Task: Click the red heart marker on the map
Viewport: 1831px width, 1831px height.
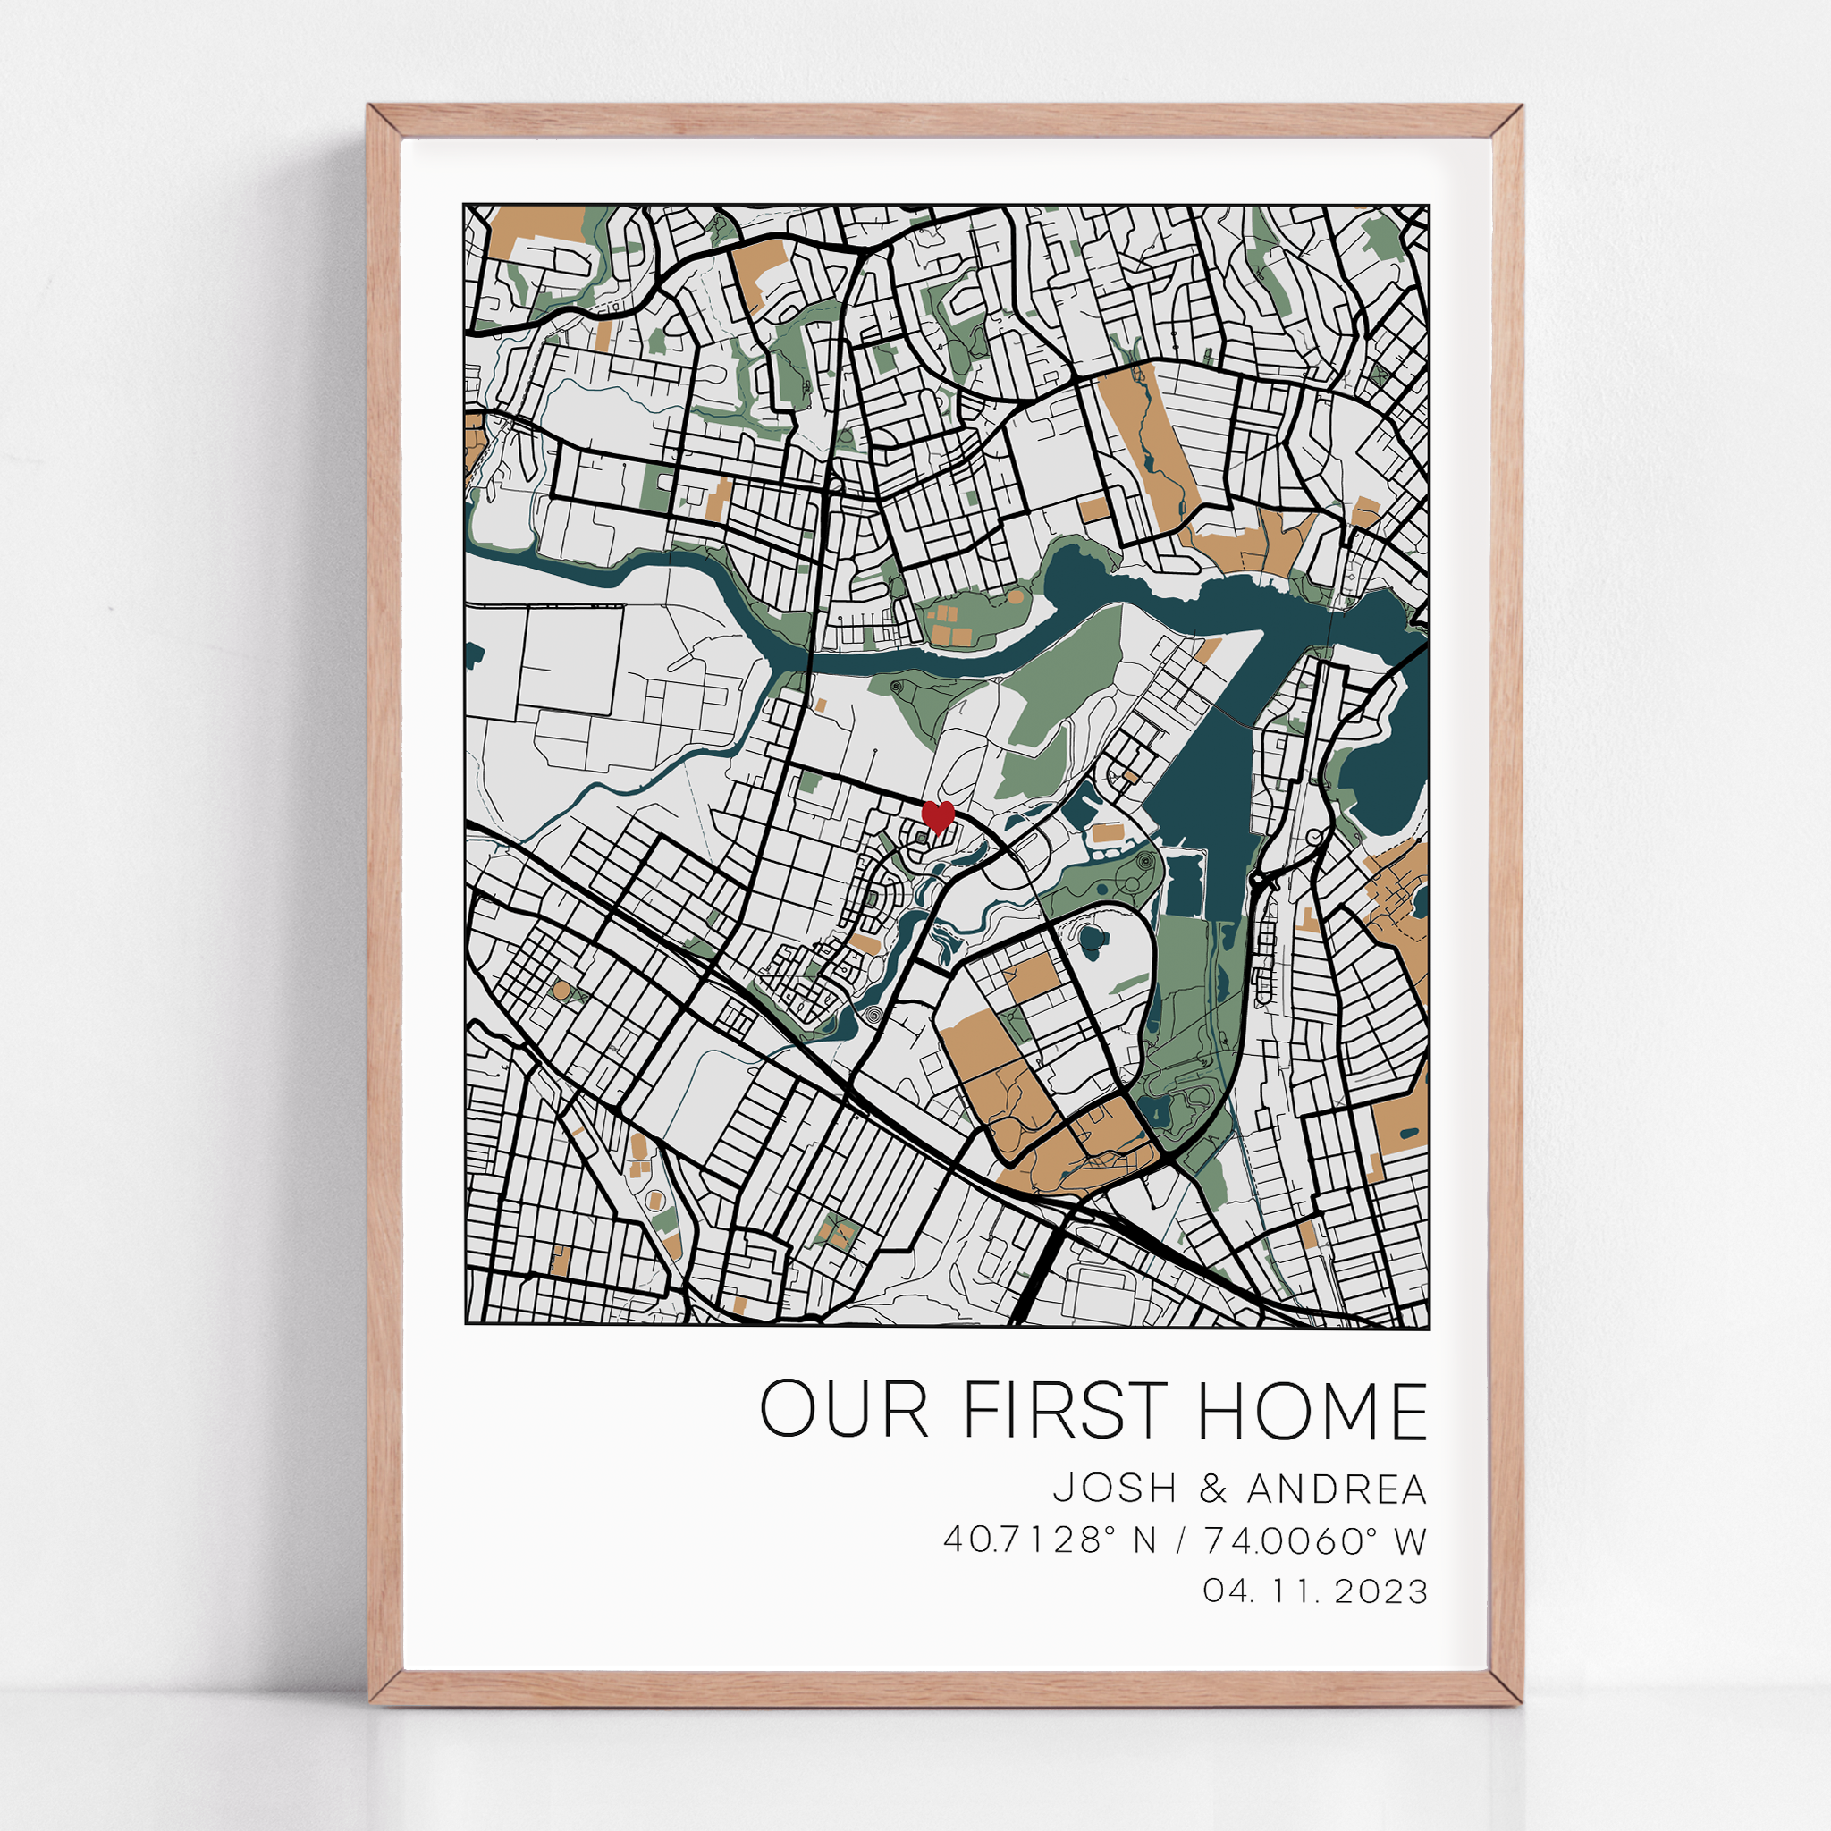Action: tap(938, 815)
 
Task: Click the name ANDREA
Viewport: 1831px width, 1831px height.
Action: tap(1337, 1489)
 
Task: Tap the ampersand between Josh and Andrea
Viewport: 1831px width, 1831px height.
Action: tap(1212, 1489)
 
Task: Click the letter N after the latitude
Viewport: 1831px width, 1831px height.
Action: tap(1145, 1541)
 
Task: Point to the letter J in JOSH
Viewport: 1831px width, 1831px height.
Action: tap(1063, 1489)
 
